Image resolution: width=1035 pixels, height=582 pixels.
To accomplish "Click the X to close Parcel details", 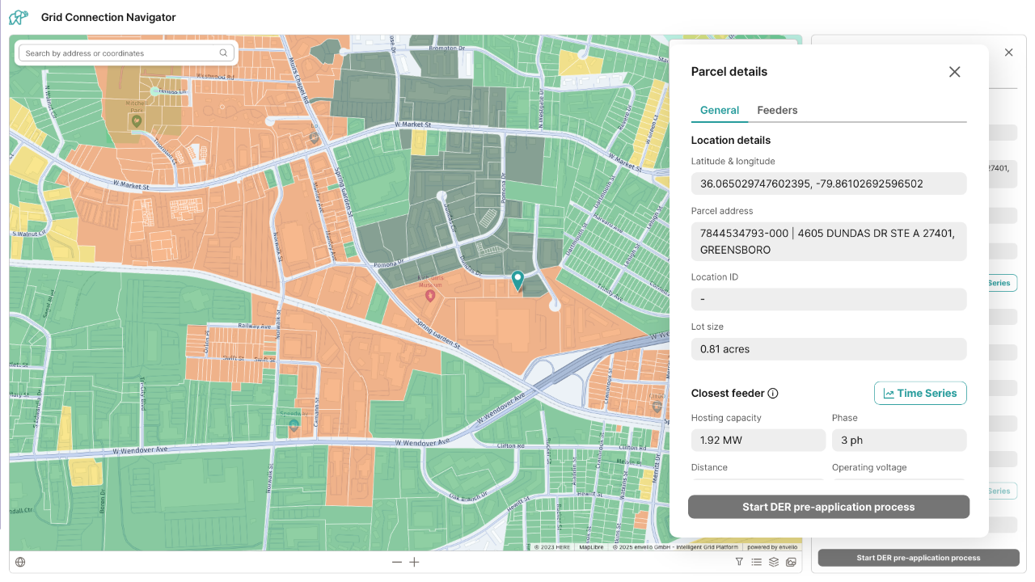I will pos(954,72).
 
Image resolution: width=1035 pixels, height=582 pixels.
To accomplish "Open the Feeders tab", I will pos(777,110).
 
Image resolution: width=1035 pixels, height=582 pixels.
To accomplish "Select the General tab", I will pos(720,110).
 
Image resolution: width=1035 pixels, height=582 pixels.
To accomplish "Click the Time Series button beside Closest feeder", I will pos(920,393).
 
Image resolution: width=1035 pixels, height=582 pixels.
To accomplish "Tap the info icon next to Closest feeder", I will pos(772,394).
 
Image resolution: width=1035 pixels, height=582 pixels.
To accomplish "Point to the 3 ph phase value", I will pos(898,441).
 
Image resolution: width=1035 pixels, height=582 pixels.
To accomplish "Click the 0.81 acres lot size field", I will pos(828,349).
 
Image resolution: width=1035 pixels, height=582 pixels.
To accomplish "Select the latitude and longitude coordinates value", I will pos(828,183).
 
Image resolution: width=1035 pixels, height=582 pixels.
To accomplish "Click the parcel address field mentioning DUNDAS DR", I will pos(828,242).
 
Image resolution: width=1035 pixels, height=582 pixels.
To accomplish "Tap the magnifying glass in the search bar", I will pos(223,53).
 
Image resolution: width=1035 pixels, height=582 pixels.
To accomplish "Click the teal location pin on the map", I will pos(517,280).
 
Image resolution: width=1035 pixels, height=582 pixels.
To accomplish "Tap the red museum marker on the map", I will pos(430,295).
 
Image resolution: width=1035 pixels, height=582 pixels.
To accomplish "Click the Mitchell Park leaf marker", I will pos(137,120).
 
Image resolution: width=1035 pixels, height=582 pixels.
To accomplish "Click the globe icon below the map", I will pos(20,563).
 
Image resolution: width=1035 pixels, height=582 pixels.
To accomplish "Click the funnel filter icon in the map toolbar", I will pos(739,562).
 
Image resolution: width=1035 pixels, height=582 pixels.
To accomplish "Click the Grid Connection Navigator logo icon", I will pos(19,17).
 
